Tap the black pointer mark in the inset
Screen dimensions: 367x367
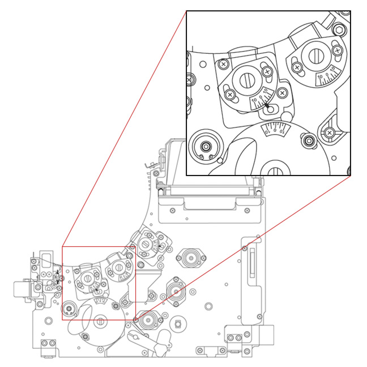coord(266,105)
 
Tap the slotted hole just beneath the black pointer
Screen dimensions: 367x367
coord(270,109)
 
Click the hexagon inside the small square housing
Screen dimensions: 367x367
coord(178,325)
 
